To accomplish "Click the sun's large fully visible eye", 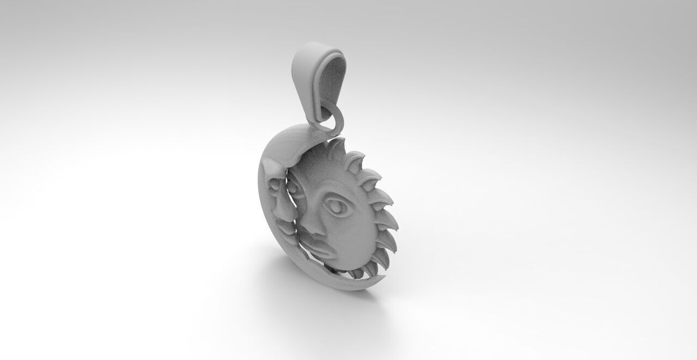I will tap(336, 206).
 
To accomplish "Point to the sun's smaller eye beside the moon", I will tap(294, 188).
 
